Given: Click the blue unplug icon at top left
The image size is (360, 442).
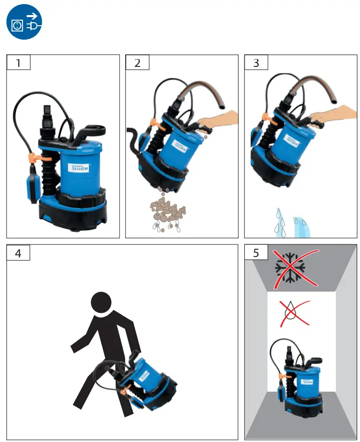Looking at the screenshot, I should tap(24, 23).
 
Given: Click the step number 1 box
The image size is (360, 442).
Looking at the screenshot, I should tap(18, 63).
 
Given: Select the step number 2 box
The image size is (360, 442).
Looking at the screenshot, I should tap(137, 63).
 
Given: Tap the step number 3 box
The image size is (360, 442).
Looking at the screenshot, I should tap(256, 63).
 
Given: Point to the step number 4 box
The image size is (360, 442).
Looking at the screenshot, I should tap(18, 252).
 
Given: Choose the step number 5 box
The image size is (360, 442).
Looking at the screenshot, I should tap(256, 252).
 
